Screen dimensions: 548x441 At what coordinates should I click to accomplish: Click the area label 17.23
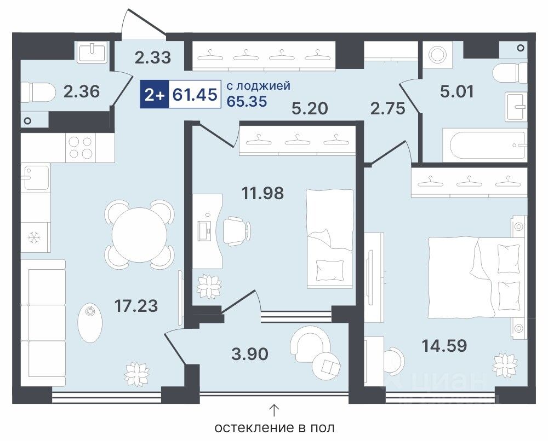pyautogui.click(x=136, y=306)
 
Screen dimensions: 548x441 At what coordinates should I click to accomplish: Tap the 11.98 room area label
pyautogui.click(x=263, y=193)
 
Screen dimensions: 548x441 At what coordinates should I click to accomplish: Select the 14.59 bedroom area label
pyautogui.click(x=444, y=346)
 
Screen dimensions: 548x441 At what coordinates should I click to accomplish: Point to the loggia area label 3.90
pyautogui.click(x=250, y=354)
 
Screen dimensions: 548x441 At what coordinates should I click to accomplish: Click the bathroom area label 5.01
pyautogui.click(x=457, y=91)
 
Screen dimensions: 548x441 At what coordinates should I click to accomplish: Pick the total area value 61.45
pyautogui.click(x=195, y=94)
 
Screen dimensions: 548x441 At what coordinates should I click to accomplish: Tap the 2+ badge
pyautogui.click(x=154, y=94)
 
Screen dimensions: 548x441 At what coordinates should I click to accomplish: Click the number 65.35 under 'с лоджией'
pyautogui.click(x=247, y=101)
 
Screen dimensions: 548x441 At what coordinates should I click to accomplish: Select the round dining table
pyautogui.click(x=139, y=235)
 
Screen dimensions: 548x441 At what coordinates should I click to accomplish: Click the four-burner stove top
pyautogui.click(x=81, y=148)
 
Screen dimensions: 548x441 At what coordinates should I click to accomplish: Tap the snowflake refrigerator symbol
pyautogui.click(x=34, y=238)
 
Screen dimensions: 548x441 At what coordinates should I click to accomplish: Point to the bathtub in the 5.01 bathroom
pyautogui.click(x=484, y=145)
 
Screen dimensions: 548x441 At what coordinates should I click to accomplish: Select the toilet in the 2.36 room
pyautogui.click(x=38, y=92)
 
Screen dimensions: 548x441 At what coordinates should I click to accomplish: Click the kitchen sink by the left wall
pyautogui.click(x=35, y=178)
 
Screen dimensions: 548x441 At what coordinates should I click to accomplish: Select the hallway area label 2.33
pyautogui.click(x=153, y=58)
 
